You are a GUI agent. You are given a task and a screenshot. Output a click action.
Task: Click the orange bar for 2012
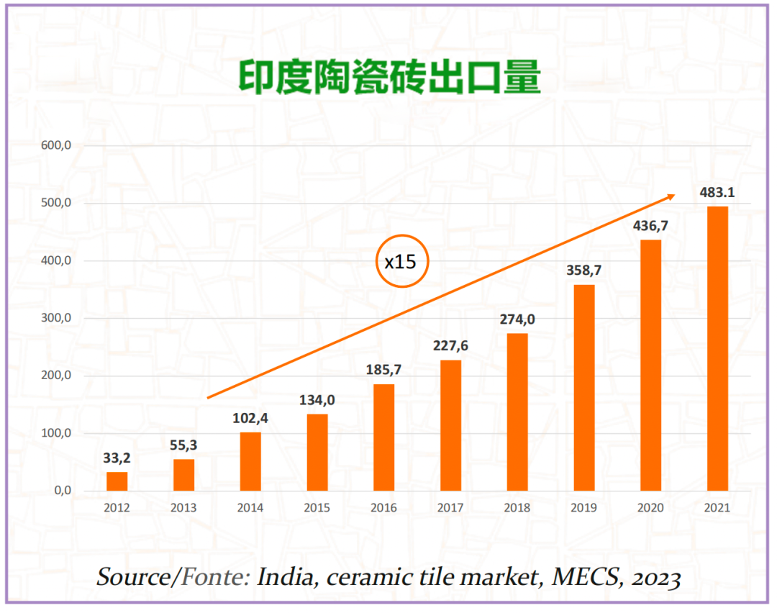(117, 481)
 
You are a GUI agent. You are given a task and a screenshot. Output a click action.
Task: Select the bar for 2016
(383, 437)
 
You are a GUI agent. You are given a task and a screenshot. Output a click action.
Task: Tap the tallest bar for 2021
(717, 348)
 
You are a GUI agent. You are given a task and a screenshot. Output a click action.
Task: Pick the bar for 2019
(583, 388)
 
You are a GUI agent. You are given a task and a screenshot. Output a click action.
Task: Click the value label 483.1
(717, 193)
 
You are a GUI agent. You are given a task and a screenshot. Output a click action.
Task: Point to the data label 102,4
(250, 418)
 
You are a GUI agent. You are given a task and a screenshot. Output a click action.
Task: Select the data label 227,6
(450, 346)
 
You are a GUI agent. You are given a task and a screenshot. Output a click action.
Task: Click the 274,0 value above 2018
(517, 319)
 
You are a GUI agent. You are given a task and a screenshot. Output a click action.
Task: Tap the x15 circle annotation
(402, 261)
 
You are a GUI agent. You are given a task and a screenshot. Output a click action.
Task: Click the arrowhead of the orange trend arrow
(671, 196)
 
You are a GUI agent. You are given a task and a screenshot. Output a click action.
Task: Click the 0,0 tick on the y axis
(60, 491)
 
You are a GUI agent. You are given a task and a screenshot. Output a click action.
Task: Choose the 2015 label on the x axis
(317, 508)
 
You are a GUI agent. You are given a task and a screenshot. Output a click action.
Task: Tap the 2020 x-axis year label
(650, 508)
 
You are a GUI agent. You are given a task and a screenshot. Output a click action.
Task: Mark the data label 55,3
(183, 445)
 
